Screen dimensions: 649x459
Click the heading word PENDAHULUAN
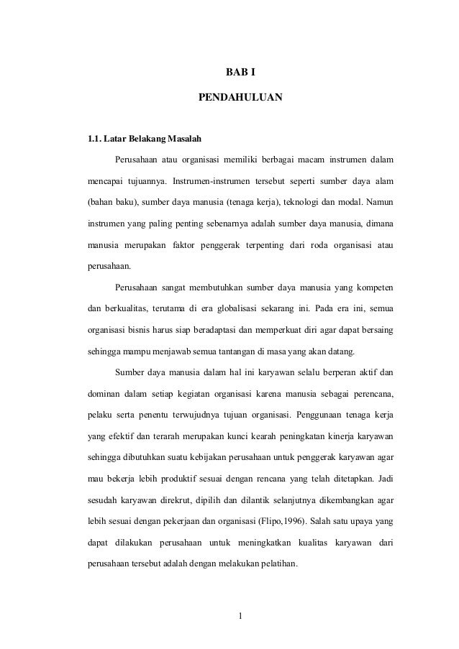[240, 95]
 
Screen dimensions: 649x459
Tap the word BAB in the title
[231, 72]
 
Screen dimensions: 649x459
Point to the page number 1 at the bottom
[240, 616]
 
